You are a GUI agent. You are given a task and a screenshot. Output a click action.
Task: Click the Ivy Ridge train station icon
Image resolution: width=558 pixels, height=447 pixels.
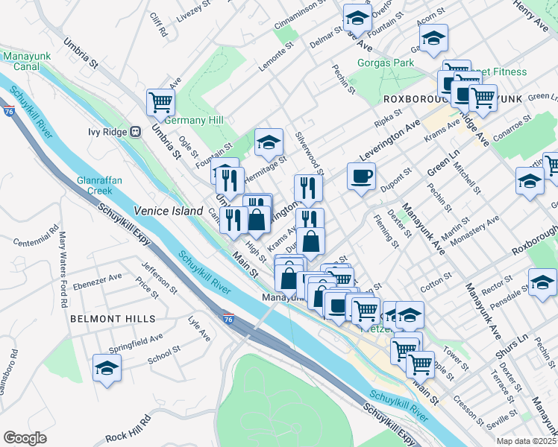point(135,132)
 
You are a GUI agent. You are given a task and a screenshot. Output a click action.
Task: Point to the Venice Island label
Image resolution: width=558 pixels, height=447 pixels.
point(169,212)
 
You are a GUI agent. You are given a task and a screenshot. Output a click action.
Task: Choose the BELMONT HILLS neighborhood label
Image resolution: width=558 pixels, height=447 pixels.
point(113,319)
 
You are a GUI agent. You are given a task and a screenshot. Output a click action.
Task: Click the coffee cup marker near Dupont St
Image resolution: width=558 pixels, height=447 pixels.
point(362,177)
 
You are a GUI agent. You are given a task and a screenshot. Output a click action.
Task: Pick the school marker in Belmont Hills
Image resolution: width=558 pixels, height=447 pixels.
point(107,368)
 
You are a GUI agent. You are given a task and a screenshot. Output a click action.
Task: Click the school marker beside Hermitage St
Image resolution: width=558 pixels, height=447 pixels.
point(269,143)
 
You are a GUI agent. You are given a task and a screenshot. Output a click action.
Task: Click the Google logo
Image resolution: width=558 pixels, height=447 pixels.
point(25,438)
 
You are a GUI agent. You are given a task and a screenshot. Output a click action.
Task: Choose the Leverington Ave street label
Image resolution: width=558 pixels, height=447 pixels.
point(389,141)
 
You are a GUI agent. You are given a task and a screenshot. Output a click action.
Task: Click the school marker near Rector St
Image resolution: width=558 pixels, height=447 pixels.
point(542,282)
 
